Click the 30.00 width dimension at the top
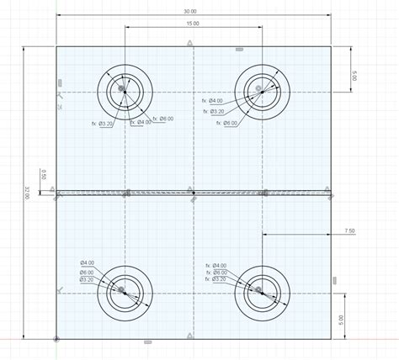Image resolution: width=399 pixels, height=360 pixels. [x=192, y=12]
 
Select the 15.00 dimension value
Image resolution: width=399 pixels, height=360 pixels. [x=192, y=24]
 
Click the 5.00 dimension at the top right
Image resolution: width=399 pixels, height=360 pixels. [x=355, y=77]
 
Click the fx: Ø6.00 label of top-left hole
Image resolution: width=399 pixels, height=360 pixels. [x=162, y=119]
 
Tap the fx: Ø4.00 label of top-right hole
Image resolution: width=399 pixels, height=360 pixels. [x=214, y=101]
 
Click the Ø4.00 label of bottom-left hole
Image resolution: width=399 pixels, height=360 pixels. [x=92, y=262]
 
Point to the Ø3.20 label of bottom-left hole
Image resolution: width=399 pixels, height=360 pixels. [x=92, y=279]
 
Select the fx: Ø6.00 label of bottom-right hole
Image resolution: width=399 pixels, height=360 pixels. [x=217, y=273]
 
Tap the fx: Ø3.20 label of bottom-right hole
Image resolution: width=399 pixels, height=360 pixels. [x=217, y=279]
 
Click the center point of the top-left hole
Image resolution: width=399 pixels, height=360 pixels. [x=123, y=88]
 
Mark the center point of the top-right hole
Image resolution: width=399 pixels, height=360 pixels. [x=260, y=88]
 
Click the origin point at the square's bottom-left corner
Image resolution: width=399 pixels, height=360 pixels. [x=56, y=339]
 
